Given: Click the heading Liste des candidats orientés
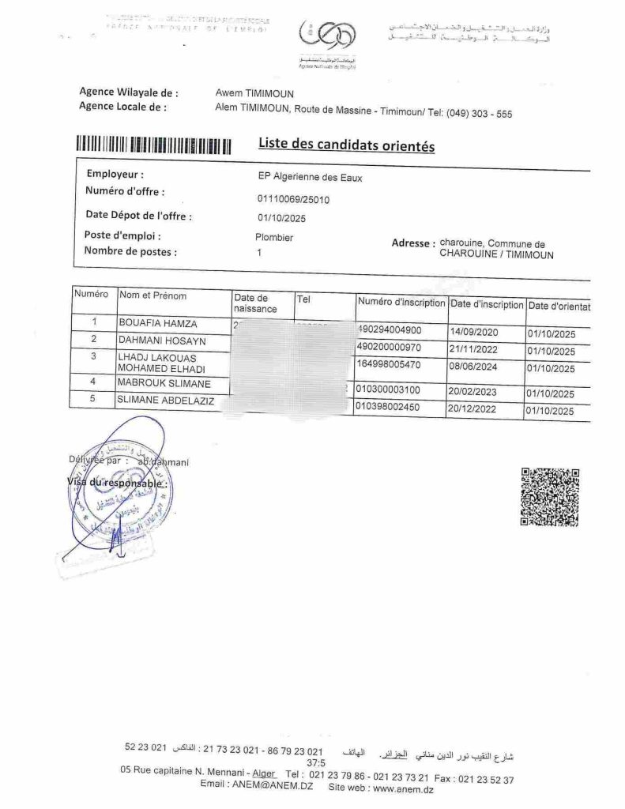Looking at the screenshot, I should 346,145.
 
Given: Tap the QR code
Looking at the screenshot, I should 550,497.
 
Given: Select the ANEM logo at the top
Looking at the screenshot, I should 327,40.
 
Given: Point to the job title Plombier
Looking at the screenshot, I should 274,236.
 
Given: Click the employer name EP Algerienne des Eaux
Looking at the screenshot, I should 304,179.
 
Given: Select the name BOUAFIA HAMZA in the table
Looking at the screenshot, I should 158,323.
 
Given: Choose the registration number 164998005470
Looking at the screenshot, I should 390,366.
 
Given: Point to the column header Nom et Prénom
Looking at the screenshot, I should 152,296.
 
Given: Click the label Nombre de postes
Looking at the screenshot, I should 130,253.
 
